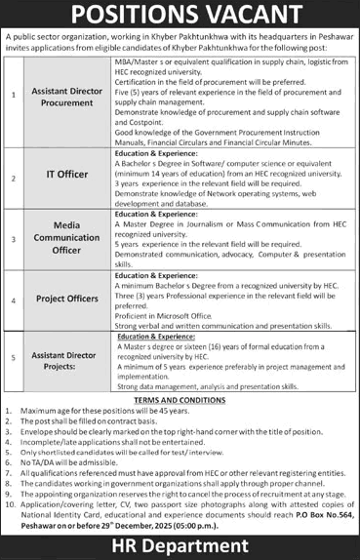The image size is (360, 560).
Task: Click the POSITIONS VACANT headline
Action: coord(180,15)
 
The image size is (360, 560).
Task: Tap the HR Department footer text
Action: coord(180,543)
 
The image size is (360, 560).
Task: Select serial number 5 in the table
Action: coord(13,357)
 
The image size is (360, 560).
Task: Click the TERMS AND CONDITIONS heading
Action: coord(180,400)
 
